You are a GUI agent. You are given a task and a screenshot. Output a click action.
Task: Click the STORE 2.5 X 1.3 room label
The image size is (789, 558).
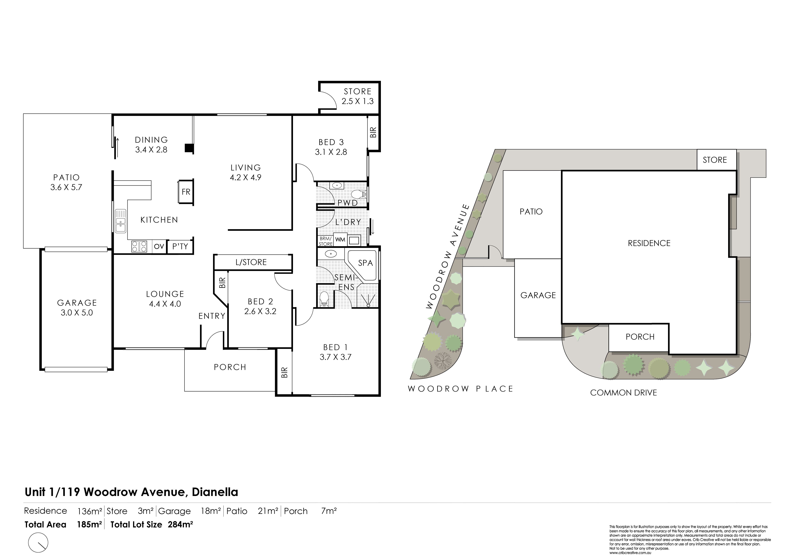click(x=357, y=96)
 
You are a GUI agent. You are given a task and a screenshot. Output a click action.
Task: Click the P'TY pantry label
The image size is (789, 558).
click(x=180, y=246)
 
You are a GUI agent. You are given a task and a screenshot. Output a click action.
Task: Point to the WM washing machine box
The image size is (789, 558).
click(x=340, y=239)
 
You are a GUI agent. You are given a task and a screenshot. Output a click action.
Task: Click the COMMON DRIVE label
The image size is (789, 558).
click(x=623, y=393)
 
